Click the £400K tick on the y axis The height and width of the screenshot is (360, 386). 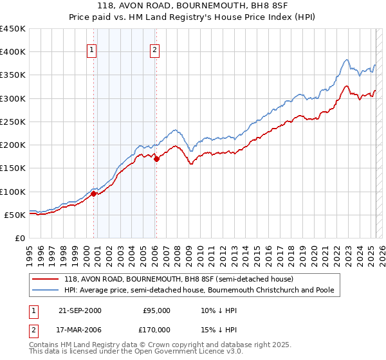[13, 52]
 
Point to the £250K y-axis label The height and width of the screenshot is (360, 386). [13, 122]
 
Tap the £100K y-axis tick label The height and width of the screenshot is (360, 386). [13, 192]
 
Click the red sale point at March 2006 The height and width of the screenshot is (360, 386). [156, 159]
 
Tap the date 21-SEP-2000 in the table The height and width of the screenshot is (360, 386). [78, 310]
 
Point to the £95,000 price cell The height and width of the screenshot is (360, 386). [156, 310]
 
